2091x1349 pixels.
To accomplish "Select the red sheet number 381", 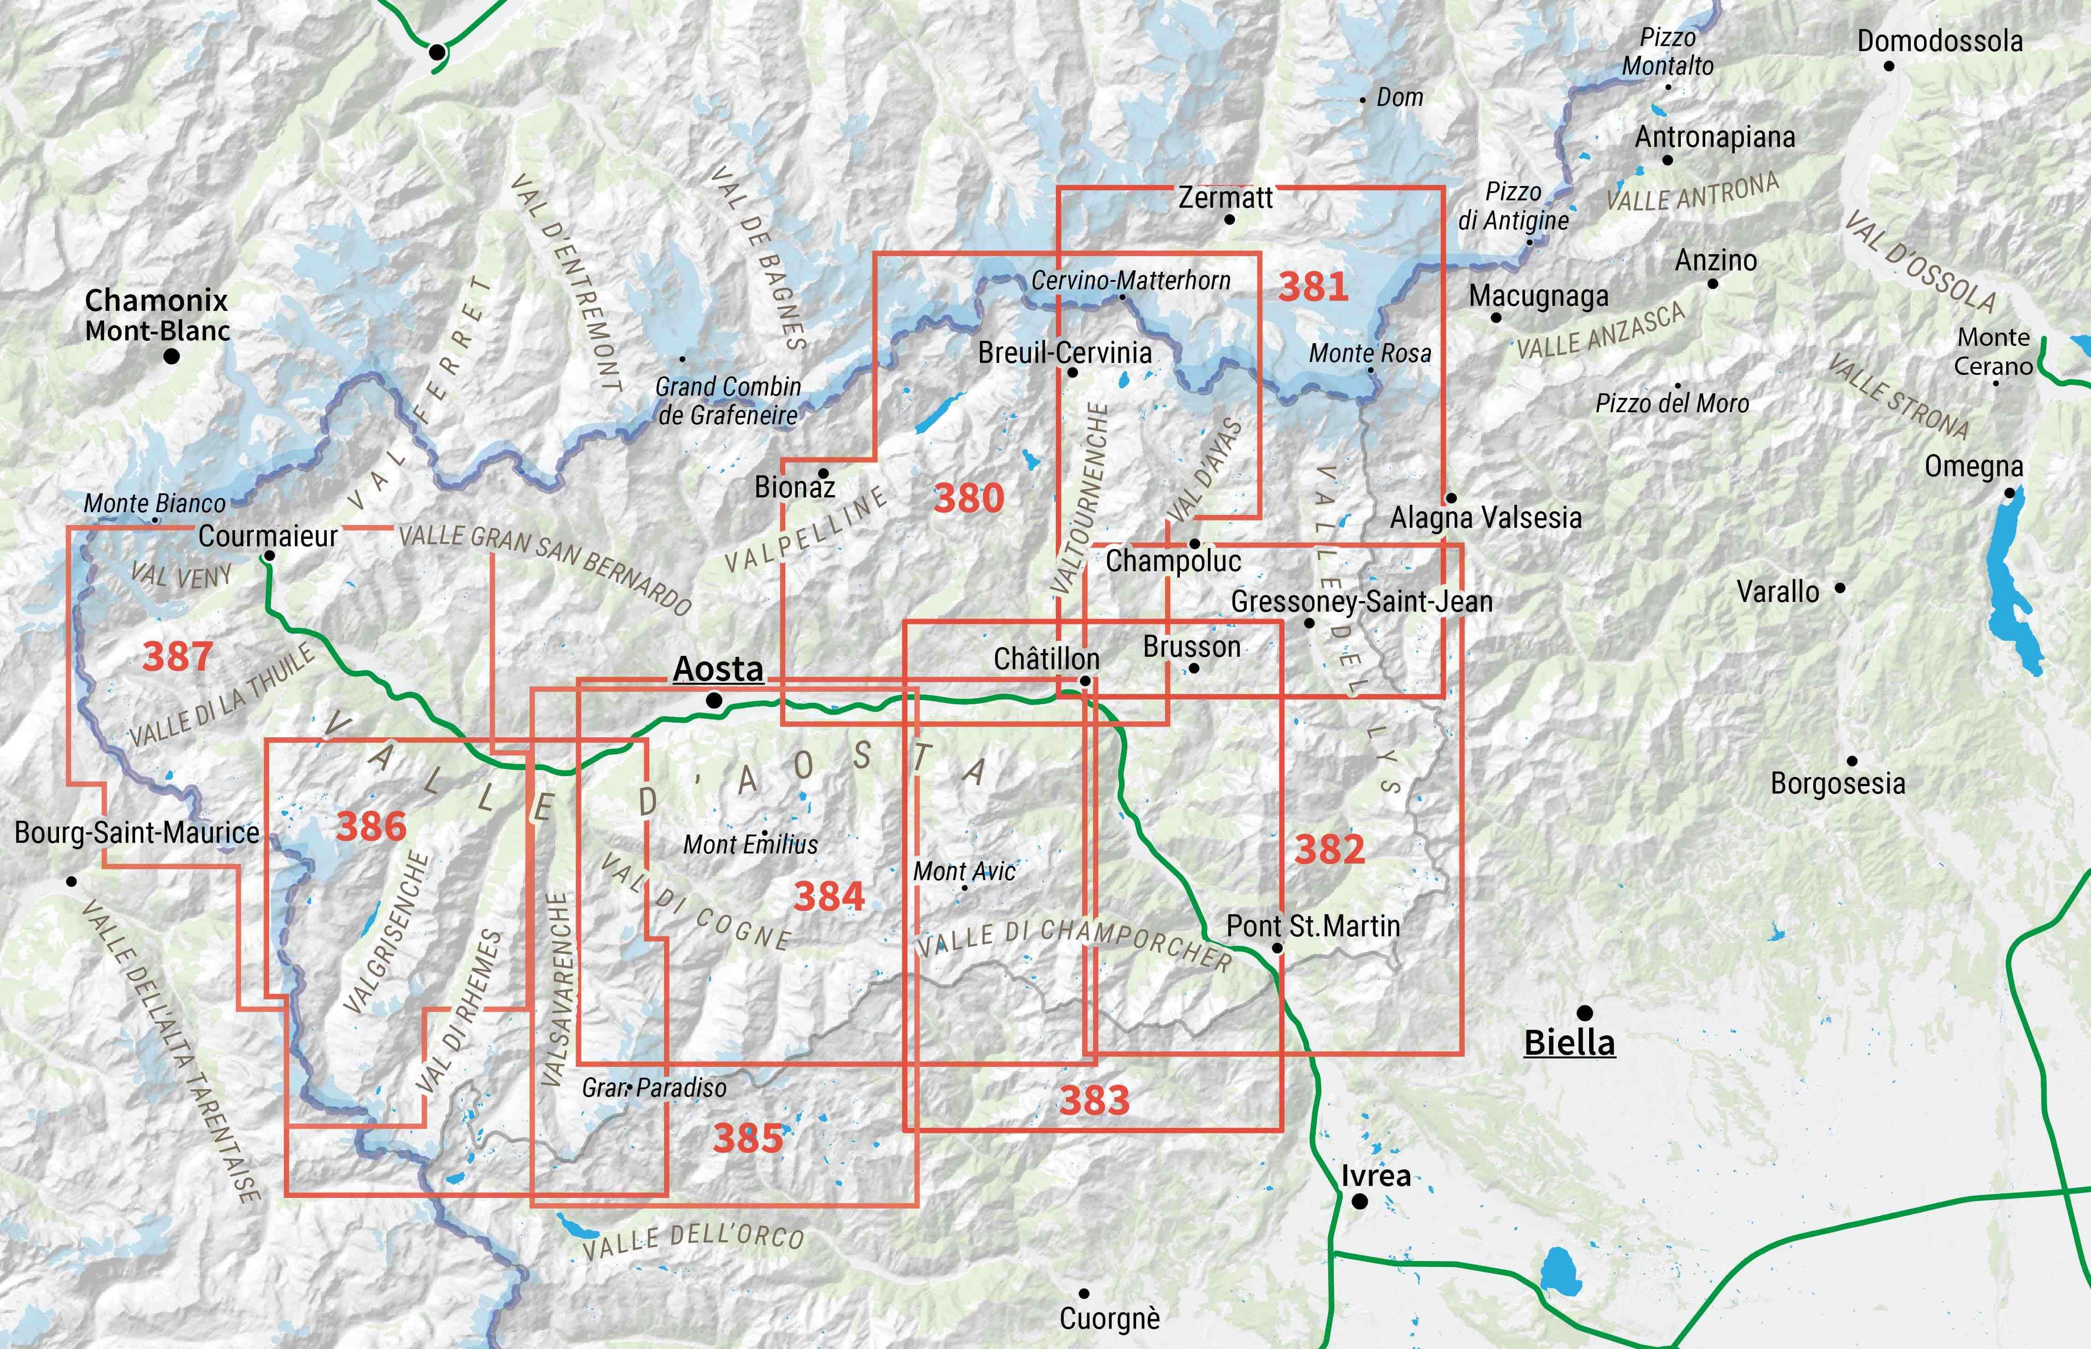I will point(1312,286).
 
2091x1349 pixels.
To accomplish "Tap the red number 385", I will point(748,1138).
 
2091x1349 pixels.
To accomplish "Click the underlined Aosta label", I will point(718,669).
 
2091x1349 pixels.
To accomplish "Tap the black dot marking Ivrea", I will point(1359,1202).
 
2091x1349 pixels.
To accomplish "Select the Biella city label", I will point(1569,1042).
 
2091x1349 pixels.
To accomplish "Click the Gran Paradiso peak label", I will point(654,1088).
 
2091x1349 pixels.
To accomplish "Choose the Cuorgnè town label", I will point(1109,1318).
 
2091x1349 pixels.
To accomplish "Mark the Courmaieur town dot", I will point(269,556).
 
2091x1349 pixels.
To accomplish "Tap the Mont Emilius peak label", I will point(750,844).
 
